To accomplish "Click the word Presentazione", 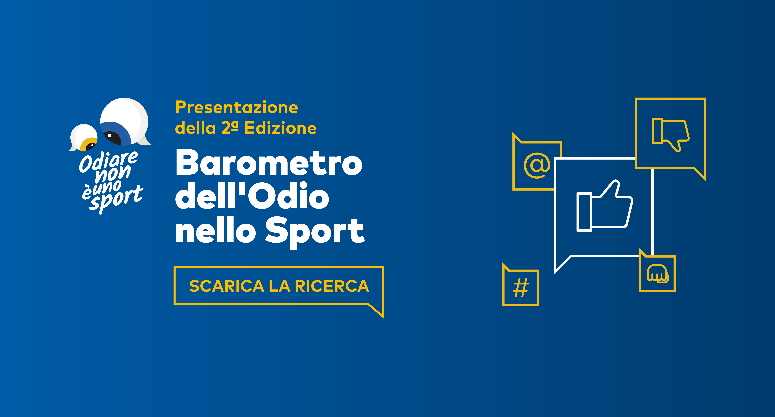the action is coord(236,108).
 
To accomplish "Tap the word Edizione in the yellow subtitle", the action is coord(280,128).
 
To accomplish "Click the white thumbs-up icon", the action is coord(605,207).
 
